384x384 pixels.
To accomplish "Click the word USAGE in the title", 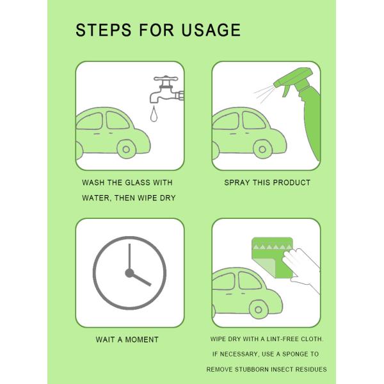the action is point(211,30).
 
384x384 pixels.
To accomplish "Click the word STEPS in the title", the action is point(104,30).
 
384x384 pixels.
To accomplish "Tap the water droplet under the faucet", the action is point(154,114).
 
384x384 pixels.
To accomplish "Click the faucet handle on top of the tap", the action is point(166,78).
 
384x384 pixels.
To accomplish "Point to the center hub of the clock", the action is point(129,273).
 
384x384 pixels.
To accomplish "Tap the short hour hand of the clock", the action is point(141,279).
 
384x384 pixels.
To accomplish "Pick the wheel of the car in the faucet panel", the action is point(126,149).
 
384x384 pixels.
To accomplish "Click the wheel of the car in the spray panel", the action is point(262,149).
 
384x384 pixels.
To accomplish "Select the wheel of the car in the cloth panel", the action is point(259,310).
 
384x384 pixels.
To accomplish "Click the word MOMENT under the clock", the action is point(141,339).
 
